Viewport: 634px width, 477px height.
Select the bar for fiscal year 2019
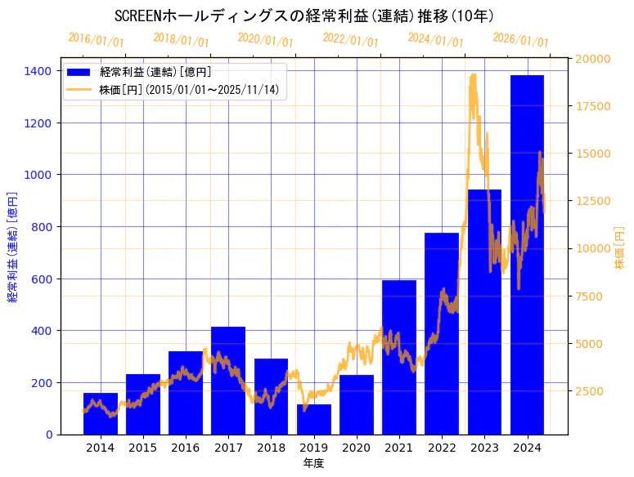[314, 419]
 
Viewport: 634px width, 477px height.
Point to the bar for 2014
[101, 413]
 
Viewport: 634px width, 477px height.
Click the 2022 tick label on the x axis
[442, 448]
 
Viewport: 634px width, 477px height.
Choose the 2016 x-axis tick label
[186, 448]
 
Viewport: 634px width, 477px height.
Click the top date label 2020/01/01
[265, 39]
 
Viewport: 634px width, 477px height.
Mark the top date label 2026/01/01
[520, 39]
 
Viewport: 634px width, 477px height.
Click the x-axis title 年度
[313, 463]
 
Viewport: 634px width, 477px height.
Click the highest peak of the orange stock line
[473, 75]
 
